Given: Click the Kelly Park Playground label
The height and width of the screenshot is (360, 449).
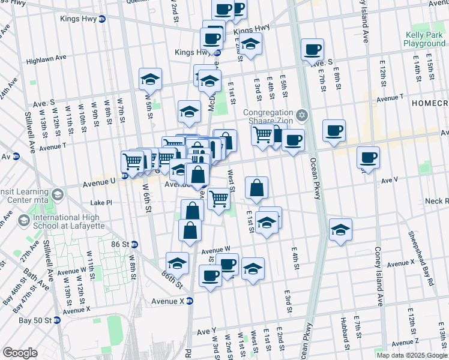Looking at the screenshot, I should click(x=424, y=40).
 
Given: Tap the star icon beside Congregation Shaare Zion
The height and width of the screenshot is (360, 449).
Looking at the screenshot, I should click(x=303, y=115).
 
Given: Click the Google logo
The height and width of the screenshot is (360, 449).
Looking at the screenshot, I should click(x=20, y=353).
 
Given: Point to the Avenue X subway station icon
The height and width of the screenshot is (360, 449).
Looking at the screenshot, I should click(x=190, y=301).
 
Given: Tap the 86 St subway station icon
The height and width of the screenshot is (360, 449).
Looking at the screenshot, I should click(x=135, y=244).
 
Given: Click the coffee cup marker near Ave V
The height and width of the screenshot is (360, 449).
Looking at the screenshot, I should click(x=368, y=158).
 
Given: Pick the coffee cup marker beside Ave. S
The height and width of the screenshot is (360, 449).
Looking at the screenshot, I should click(x=312, y=50).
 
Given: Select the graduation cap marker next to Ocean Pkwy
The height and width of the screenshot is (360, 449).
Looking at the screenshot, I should click(x=340, y=230).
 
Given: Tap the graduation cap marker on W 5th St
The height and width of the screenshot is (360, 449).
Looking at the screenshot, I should click(x=150, y=79).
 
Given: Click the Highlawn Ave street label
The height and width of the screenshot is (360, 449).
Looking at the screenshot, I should click(x=46, y=61).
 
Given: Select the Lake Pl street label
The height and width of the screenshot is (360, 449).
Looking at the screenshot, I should click(x=101, y=203).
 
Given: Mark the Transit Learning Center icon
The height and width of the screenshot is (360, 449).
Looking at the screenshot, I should click(x=58, y=194).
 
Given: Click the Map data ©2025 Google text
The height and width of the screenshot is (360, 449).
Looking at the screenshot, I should click(x=412, y=355).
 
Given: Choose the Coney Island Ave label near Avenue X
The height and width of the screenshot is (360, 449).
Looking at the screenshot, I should click(x=379, y=276).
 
